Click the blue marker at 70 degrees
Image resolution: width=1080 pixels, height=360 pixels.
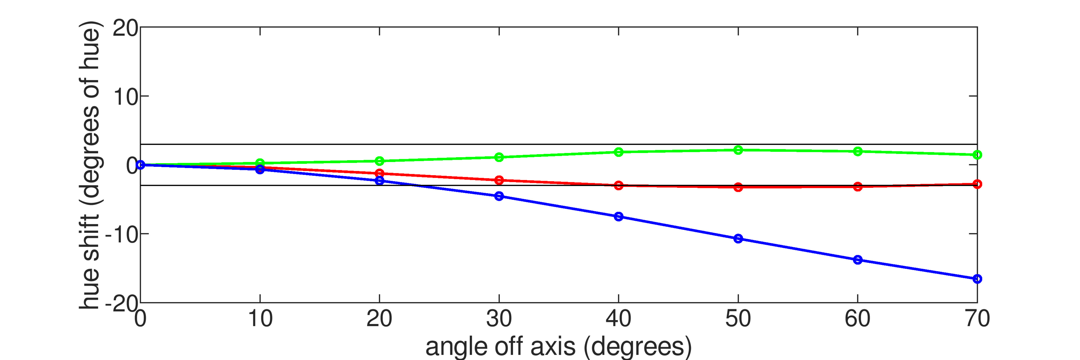tap(977, 279)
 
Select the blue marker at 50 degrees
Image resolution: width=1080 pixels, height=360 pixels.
tap(738, 239)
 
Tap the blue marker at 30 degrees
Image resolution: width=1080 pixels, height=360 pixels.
tap(499, 196)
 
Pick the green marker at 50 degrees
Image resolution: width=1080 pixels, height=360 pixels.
tap(738, 150)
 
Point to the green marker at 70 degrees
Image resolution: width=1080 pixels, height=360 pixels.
tap(977, 155)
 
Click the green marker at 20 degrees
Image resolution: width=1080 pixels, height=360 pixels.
tap(379, 161)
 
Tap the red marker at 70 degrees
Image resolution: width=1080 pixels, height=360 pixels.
tap(977, 184)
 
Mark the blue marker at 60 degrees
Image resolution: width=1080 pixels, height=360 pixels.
tap(857, 260)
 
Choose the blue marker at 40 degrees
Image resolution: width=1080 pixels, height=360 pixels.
tap(618, 217)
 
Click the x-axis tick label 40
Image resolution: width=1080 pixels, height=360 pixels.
tap(618, 319)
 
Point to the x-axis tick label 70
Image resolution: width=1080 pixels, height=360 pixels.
tap(977, 319)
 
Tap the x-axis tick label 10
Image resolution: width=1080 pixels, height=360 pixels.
tap(260, 319)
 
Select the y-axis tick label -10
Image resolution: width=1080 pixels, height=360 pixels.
tap(121, 235)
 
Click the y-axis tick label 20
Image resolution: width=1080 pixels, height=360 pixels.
tap(125, 28)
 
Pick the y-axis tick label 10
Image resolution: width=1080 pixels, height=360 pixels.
tap(125, 97)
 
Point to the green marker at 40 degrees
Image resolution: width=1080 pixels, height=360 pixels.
tap(618, 152)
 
